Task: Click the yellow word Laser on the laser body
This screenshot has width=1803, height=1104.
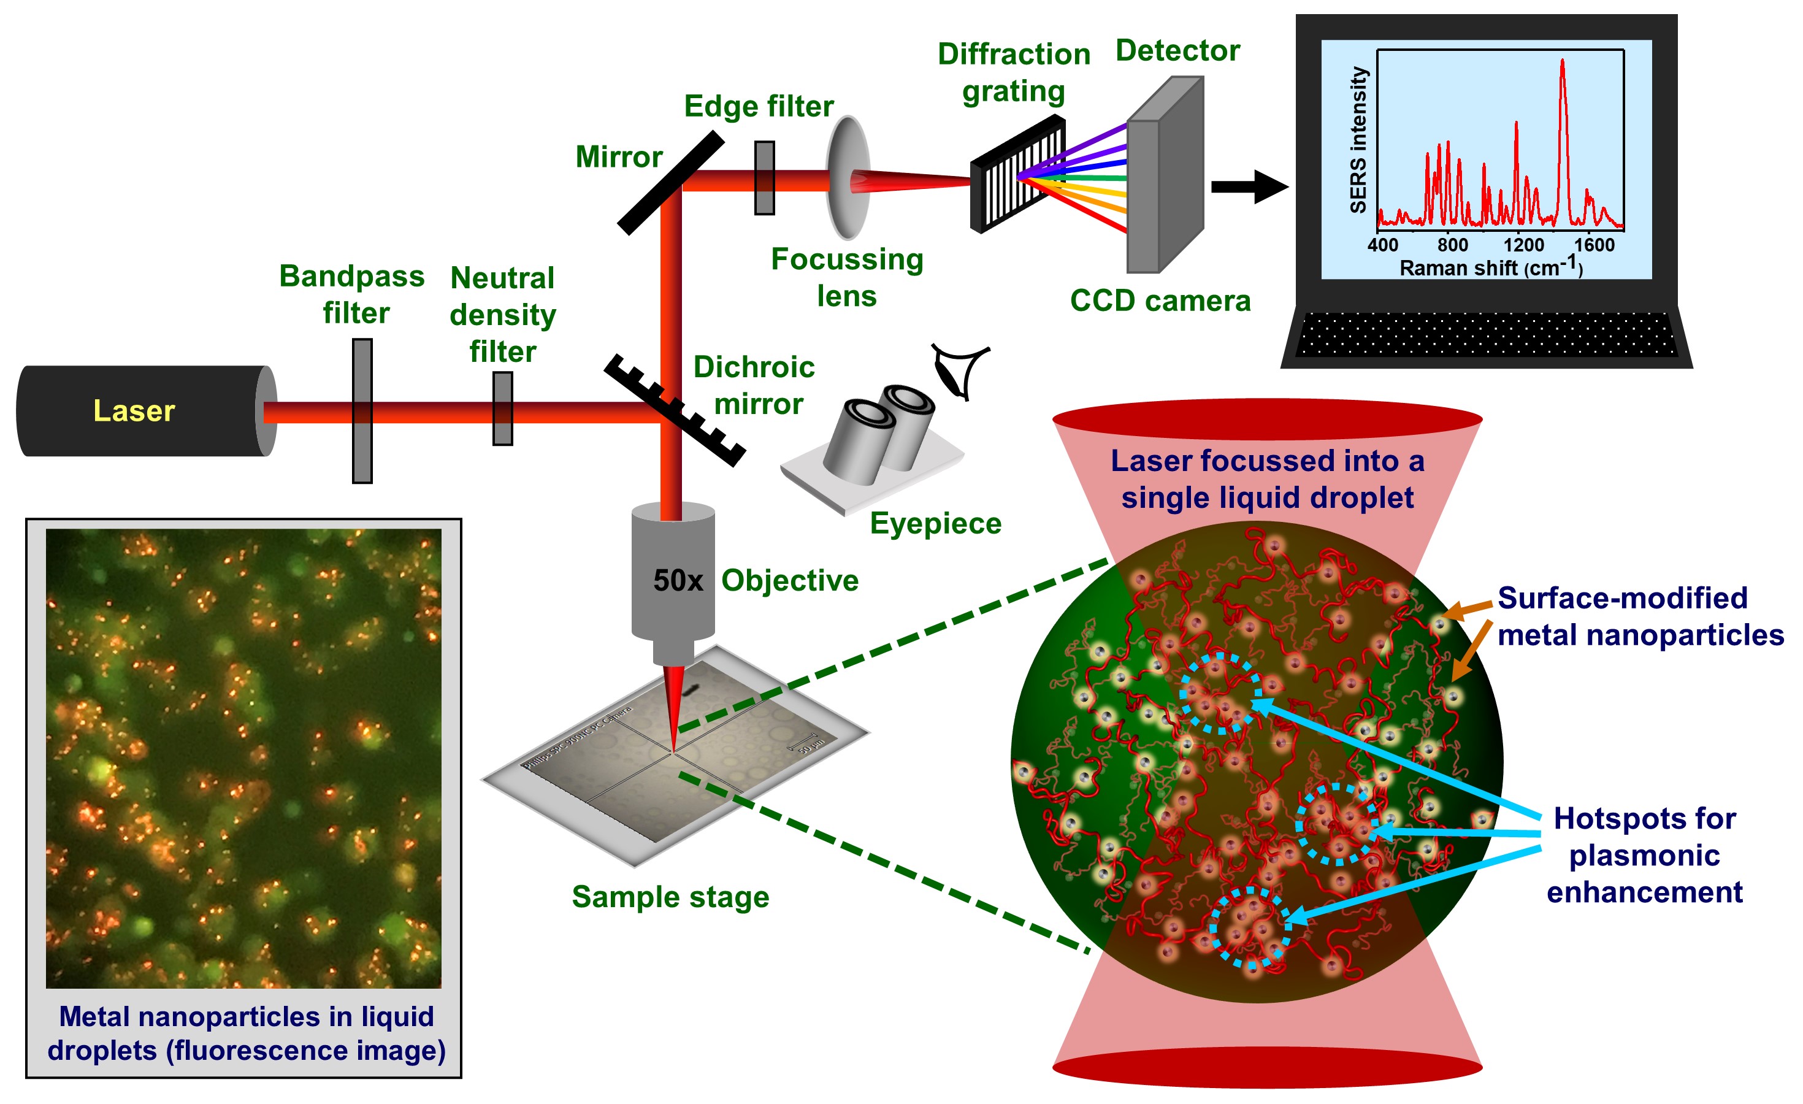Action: pyautogui.click(x=134, y=411)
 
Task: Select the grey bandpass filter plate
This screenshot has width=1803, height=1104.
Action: pyautogui.click(x=362, y=410)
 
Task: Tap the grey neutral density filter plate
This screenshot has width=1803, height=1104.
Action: pyautogui.click(x=503, y=408)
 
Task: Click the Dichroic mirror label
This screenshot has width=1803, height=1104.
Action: pyautogui.click(x=754, y=385)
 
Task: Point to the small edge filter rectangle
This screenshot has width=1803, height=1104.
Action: pyautogui.click(x=765, y=178)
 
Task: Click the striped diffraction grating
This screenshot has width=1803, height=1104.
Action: pyautogui.click(x=1018, y=174)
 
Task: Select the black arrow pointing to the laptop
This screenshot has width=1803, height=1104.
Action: pyautogui.click(x=1249, y=186)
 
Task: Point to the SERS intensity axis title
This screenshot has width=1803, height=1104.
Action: pyautogui.click(x=1358, y=140)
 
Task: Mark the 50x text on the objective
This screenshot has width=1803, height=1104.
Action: pyautogui.click(x=678, y=580)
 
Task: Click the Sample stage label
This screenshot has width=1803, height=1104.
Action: pyautogui.click(x=670, y=897)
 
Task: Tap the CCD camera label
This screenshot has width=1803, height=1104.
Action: pyautogui.click(x=1160, y=301)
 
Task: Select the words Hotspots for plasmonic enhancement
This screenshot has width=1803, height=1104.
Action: pyautogui.click(x=1644, y=854)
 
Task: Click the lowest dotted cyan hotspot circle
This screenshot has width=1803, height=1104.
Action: pyautogui.click(x=1249, y=928)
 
